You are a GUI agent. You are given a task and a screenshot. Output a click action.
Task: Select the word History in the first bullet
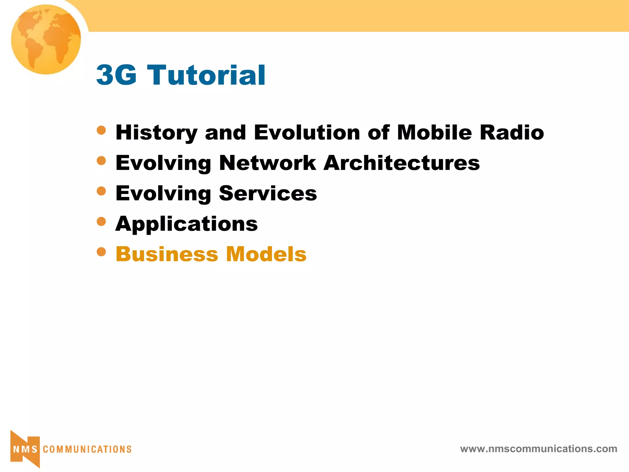(x=156, y=133)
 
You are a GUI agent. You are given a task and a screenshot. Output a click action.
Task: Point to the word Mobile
(x=434, y=133)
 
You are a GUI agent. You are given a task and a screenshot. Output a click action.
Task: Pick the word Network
(x=268, y=163)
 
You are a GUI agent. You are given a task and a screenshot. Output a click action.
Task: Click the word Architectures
(x=402, y=163)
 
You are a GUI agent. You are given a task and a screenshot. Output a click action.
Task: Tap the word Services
(x=268, y=194)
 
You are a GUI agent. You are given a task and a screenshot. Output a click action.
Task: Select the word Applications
(x=186, y=224)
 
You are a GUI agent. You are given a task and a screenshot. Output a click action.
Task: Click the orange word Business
(x=167, y=254)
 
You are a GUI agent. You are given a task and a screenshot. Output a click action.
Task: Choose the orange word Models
(x=266, y=254)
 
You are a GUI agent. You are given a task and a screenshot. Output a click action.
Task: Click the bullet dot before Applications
(x=101, y=221)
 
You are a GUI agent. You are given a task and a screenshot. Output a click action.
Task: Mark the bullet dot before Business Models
(x=101, y=252)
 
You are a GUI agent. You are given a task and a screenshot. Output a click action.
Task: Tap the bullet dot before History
(x=101, y=130)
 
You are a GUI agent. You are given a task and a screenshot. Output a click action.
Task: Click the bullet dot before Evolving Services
(x=101, y=191)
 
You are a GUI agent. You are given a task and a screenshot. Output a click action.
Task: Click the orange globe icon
(x=46, y=39)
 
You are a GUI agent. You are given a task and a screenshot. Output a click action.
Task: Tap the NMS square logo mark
(x=25, y=449)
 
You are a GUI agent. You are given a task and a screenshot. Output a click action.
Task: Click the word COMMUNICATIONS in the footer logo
(x=87, y=450)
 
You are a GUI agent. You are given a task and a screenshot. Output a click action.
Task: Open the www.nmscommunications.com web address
(x=538, y=449)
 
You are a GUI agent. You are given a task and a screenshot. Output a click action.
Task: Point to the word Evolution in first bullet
(x=307, y=133)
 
